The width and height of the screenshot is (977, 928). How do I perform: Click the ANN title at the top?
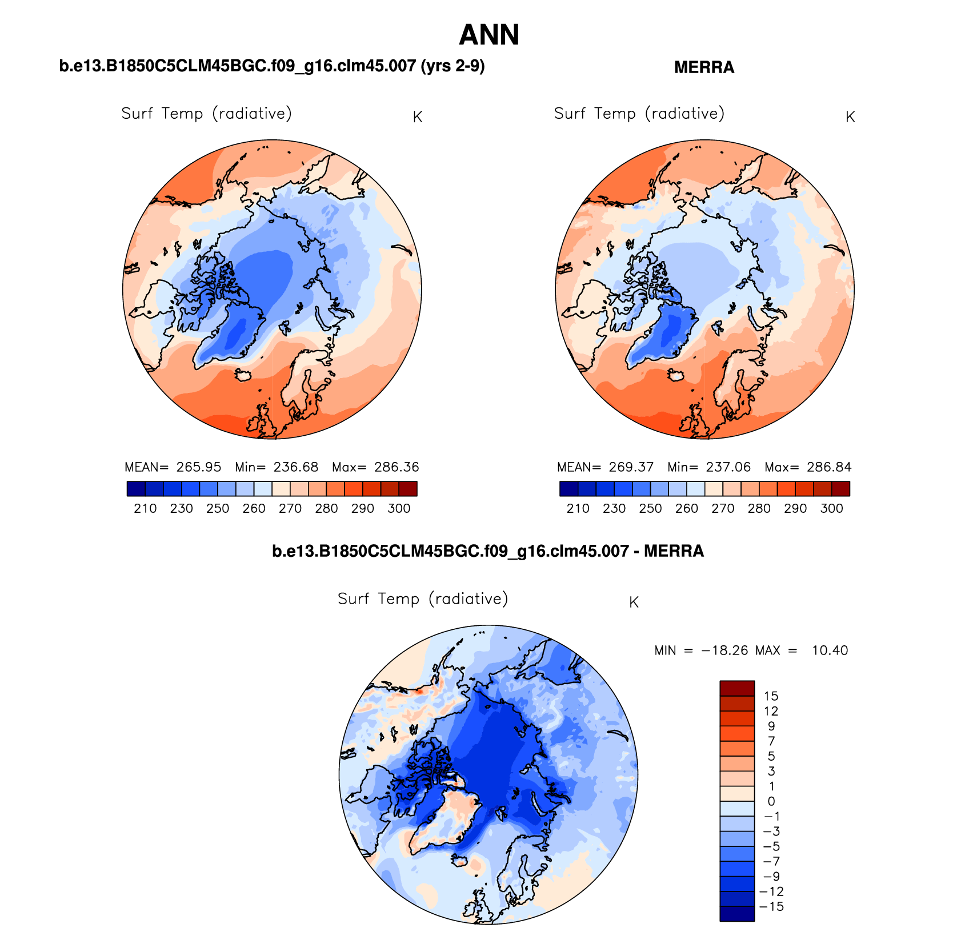click(x=488, y=35)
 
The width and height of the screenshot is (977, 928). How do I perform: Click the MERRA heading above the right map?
click(x=704, y=67)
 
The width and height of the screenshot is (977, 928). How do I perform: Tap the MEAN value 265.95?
click(x=198, y=467)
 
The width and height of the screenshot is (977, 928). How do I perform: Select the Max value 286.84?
click(x=829, y=467)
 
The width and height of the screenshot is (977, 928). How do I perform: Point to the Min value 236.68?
click(x=295, y=467)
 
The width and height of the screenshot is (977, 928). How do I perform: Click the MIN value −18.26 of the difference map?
click(x=725, y=650)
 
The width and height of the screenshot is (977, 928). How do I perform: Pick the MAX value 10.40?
click(x=830, y=650)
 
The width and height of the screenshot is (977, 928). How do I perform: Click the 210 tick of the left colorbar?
click(x=145, y=508)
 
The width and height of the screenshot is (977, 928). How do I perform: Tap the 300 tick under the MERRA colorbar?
click(x=831, y=508)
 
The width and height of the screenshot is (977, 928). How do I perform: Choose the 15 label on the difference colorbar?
click(x=771, y=696)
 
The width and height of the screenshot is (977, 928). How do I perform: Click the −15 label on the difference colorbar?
click(x=771, y=906)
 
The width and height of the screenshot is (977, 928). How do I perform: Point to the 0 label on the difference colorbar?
click(x=771, y=801)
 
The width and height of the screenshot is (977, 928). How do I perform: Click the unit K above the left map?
click(x=418, y=117)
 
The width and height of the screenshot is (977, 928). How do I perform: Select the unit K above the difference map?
click(x=634, y=602)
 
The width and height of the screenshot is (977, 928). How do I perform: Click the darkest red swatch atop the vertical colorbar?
click(x=737, y=688)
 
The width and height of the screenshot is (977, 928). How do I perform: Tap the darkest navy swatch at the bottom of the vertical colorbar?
click(x=737, y=914)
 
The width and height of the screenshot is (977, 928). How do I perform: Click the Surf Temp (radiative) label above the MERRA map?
click(x=639, y=114)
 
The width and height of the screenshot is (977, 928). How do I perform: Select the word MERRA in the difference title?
click(x=674, y=551)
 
